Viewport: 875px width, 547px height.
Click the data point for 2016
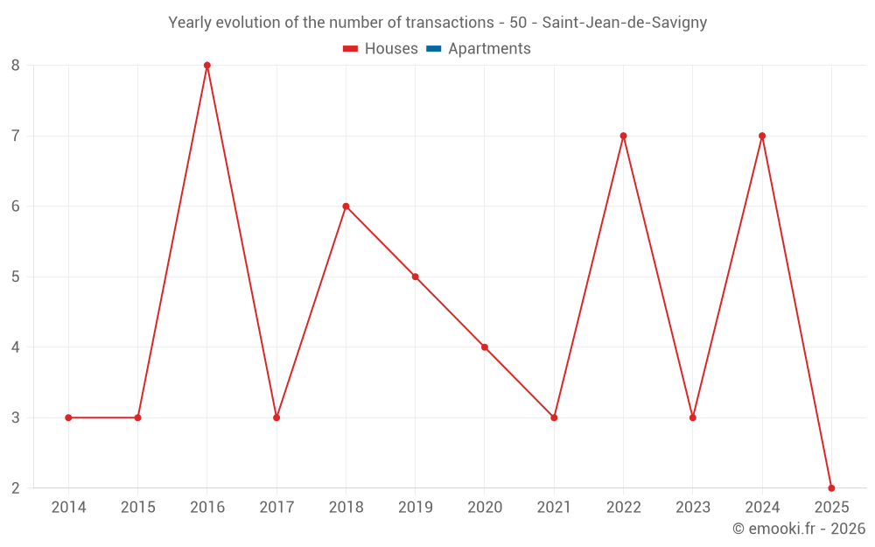207,66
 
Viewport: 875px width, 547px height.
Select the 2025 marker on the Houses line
831,488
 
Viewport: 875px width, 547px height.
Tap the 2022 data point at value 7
623,136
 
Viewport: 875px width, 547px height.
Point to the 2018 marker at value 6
346,207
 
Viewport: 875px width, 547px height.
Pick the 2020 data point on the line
485,347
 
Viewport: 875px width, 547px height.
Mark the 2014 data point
68,417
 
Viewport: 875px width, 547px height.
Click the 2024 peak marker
762,136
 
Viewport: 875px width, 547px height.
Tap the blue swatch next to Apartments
433,49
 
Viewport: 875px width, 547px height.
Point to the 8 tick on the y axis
16,66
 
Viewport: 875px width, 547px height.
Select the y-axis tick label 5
16,277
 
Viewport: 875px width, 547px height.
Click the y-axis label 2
16,488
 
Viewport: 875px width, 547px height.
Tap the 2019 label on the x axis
415,508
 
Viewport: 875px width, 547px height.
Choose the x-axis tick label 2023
693,508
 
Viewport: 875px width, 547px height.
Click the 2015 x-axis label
137,508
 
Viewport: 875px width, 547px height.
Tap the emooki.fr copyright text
798,529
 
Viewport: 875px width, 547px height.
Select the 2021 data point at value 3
554,417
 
